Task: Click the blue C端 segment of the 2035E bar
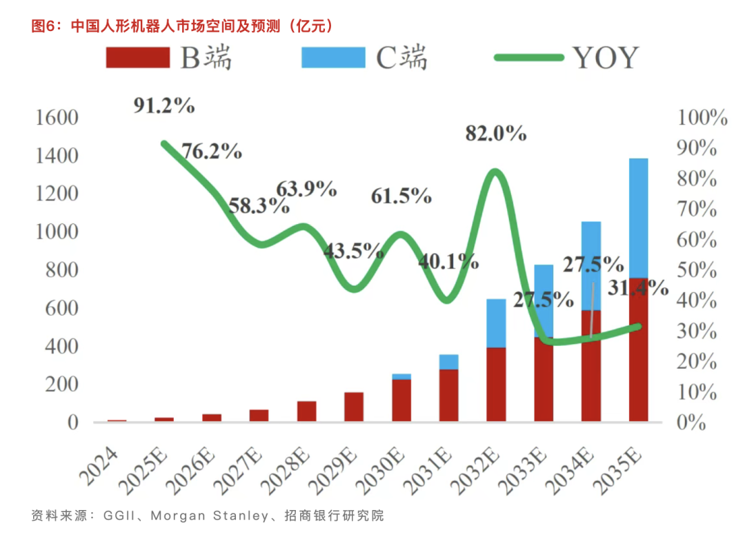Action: coord(639,218)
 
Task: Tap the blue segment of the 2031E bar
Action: coord(448,362)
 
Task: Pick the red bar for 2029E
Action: coord(353,407)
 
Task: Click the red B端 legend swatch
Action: coord(137,57)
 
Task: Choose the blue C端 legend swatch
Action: coord(333,57)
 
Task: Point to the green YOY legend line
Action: coord(529,57)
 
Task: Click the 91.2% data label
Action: coord(163,105)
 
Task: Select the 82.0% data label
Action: coord(495,133)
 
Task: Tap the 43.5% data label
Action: coord(353,250)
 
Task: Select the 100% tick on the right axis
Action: coord(702,118)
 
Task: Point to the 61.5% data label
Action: coord(401,196)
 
